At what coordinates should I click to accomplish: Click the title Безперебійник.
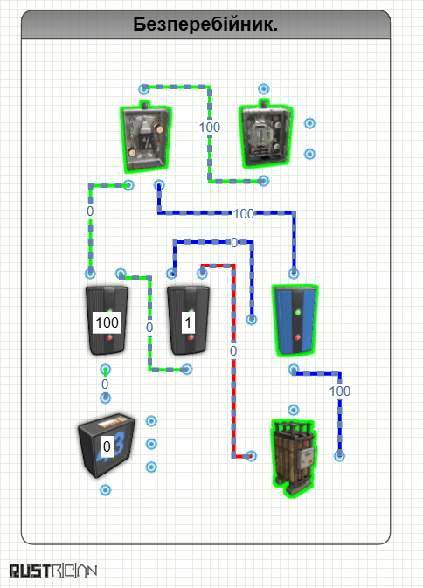tap(205, 24)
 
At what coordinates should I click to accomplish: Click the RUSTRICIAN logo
tap(53, 571)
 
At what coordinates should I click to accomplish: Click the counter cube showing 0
tap(106, 445)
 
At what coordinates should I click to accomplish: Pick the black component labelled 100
tap(107, 321)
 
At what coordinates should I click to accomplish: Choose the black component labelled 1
tap(188, 321)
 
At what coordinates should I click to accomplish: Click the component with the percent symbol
tap(145, 136)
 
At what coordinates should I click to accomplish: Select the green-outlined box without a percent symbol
tap(265, 135)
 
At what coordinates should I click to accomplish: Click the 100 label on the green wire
tap(210, 128)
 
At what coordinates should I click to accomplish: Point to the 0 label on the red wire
tap(233, 351)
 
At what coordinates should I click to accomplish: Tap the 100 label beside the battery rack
tap(340, 391)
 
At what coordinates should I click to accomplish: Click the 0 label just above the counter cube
tap(105, 384)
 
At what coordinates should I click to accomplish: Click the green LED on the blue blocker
tap(298, 312)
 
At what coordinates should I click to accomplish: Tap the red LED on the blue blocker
tap(297, 337)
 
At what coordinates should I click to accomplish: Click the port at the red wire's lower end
tap(251, 456)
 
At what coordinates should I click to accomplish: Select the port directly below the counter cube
tap(106, 490)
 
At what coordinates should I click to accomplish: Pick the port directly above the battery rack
tap(294, 410)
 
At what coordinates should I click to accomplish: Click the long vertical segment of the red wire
tap(233, 361)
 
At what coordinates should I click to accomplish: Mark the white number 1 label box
tap(188, 322)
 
